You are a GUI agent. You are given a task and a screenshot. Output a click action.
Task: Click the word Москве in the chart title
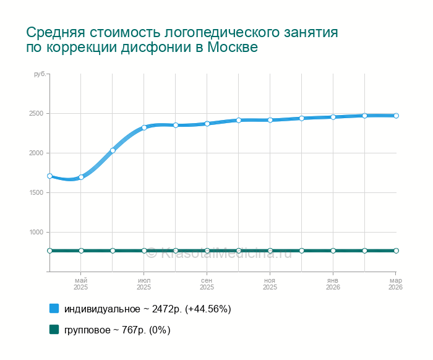tap(232, 48)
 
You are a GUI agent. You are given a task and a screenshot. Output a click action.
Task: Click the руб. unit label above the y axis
tap(39, 74)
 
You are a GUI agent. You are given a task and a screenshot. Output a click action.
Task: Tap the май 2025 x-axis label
tap(81, 284)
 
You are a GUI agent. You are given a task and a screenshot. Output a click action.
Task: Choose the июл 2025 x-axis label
tap(144, 284)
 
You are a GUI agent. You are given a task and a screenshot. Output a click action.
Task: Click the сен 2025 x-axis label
tap(207, 284)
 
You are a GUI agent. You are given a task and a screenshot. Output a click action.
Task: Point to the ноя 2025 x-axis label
tap(270, 284)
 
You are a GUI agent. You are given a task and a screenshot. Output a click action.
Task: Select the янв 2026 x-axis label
tap(333, 284)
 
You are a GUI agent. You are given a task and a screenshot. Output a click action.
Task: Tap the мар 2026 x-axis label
tap(395, 284)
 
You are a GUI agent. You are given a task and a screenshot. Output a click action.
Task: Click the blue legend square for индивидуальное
tap(54, 308)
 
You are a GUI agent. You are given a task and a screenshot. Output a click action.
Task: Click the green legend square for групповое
tap(54, 330)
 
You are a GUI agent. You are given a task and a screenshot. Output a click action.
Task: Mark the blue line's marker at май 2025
tap(81, 177)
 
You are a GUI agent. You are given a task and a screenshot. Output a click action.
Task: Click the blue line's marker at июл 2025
tap(144, 127)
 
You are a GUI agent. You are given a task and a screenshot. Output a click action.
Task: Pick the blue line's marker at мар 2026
tap(396, 116)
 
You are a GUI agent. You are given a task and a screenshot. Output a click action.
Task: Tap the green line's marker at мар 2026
tap(396, 251)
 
